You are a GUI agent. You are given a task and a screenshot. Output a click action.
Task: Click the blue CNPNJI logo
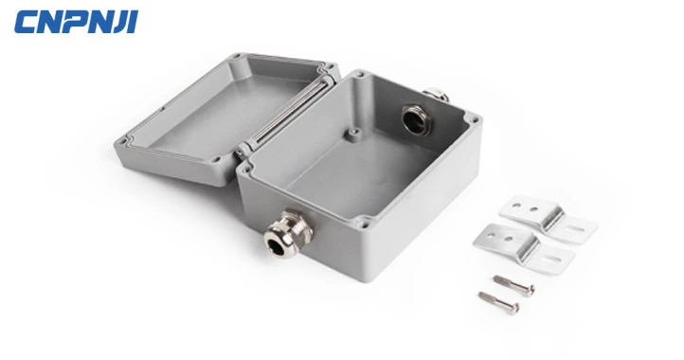76,22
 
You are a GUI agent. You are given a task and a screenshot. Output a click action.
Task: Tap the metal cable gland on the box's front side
288,233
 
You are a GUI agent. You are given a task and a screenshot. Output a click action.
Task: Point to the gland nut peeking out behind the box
436,94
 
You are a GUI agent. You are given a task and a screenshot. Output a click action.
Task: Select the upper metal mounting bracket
548,218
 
